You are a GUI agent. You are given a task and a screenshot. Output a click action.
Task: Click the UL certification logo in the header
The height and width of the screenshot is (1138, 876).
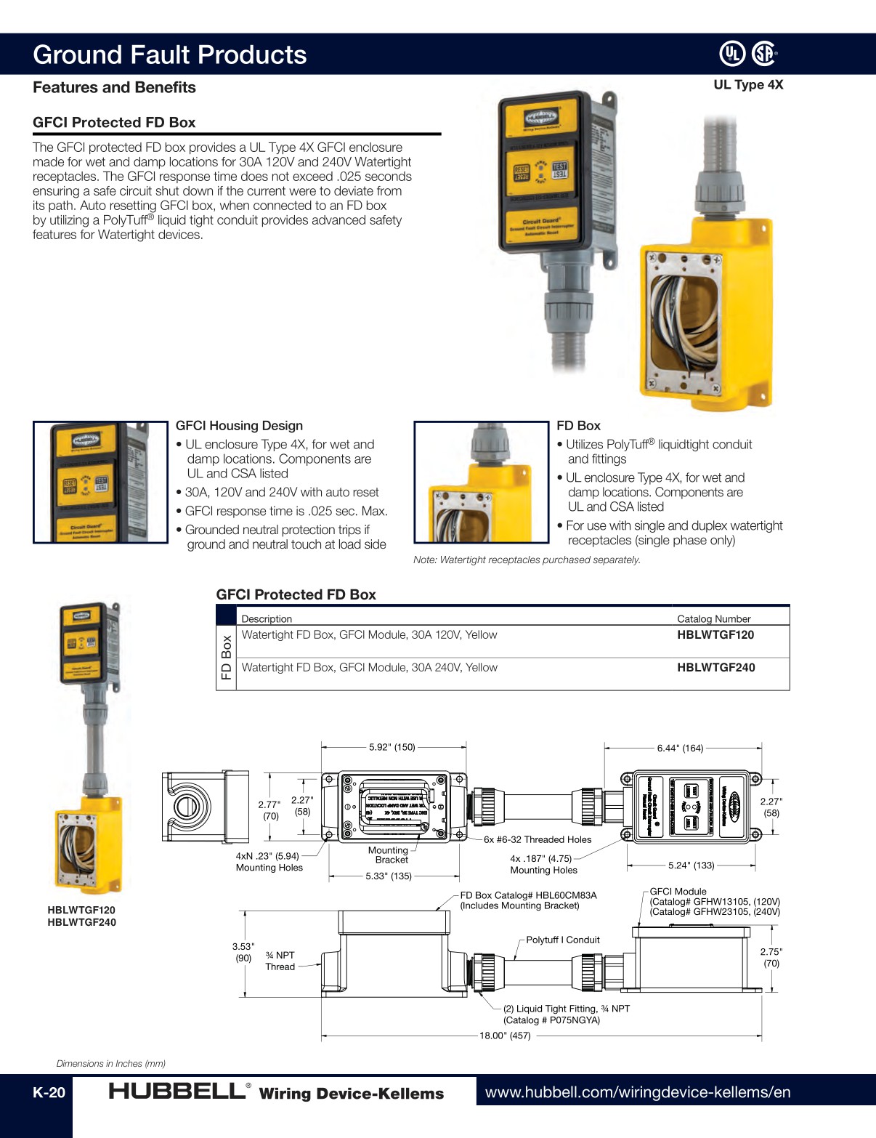732,53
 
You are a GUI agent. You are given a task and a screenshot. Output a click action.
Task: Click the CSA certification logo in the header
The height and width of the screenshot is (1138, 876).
763,53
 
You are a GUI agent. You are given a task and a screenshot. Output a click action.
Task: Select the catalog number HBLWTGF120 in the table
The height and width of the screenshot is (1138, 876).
715,634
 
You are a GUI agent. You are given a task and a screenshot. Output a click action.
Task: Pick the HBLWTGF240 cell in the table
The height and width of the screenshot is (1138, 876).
715,667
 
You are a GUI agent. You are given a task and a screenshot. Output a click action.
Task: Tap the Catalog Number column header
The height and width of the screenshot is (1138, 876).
713,618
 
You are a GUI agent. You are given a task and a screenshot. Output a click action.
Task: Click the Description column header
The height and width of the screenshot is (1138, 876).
267,618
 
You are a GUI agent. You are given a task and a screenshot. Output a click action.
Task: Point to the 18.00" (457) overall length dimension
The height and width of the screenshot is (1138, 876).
505,1036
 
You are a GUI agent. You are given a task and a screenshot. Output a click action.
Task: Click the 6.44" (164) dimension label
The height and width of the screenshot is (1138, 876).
680,748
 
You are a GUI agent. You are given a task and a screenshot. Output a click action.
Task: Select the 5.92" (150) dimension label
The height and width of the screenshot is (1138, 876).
392,747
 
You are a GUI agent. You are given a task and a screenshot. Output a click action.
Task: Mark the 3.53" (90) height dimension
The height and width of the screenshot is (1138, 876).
243,952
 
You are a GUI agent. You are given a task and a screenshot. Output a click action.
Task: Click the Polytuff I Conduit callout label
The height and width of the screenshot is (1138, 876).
562,940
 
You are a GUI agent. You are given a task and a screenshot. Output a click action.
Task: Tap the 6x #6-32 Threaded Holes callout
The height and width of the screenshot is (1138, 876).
538,839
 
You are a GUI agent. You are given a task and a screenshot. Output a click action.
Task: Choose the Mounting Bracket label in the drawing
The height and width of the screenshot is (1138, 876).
389,855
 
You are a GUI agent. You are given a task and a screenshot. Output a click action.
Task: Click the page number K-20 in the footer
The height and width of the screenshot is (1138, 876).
49,1092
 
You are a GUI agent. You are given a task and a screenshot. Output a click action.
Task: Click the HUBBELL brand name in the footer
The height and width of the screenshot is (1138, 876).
177,1091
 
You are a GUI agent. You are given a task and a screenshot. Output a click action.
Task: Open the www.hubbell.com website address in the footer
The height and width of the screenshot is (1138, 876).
637,1091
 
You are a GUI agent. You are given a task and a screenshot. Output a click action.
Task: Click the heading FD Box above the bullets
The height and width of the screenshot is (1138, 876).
578,426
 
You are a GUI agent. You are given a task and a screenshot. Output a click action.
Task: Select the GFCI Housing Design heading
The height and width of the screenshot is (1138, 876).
239,426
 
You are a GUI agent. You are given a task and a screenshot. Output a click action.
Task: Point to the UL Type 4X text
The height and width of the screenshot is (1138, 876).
747,84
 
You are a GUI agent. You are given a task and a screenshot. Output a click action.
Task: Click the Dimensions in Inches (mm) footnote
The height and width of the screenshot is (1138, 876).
111,1063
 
